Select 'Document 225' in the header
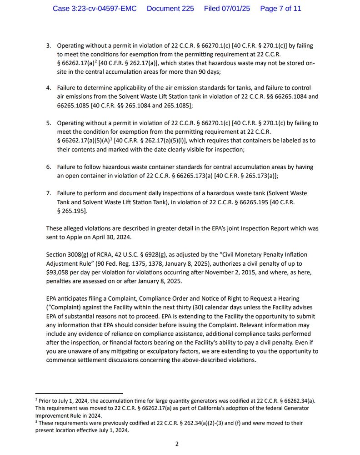tap(170, 9)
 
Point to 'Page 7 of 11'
tap(280, 9)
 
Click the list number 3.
tap(49, 46)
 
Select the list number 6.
tap(49, 167)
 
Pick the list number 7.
tap(49, 193)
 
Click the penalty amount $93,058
tap(59, 272)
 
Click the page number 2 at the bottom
tap(177, 444)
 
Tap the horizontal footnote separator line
tap(79, 393)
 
